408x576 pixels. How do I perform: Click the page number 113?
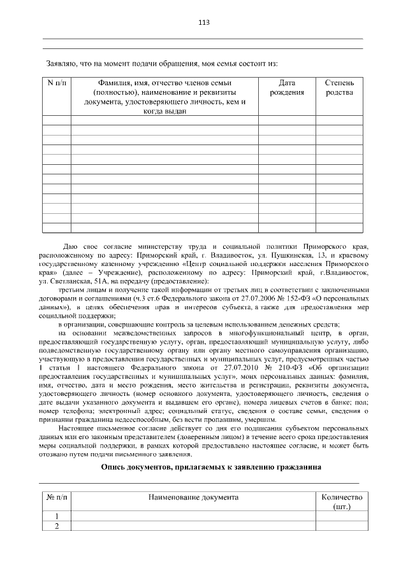(203, 22)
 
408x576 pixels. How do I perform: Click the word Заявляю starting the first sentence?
(62, 64)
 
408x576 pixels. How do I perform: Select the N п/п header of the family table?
(56, 83)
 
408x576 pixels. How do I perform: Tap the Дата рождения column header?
(287, 88)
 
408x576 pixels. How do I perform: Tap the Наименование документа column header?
(193, 496)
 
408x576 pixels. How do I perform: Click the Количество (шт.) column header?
(342, 501)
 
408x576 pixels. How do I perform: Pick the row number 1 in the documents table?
(56, 516)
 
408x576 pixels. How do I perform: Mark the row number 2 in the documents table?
(56, 526)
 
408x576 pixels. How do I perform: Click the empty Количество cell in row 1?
(342, 516)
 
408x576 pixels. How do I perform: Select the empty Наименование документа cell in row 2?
(193, 526)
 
